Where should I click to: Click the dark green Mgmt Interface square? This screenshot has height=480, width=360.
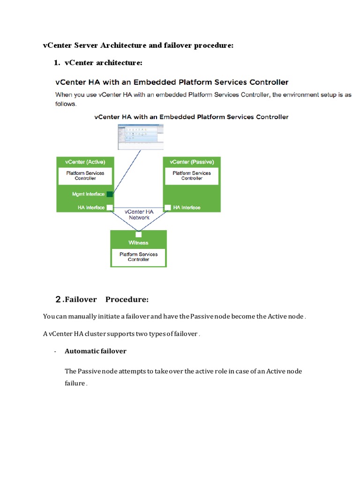click(110, 194)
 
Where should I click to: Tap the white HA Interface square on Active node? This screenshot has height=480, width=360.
click(110, 207)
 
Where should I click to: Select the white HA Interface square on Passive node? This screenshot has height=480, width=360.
click(167, 207)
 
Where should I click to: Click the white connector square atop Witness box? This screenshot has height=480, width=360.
click(138, 234)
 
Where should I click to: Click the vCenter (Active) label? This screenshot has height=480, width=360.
click(85, 162)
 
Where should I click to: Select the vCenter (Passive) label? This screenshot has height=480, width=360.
click(192, 162)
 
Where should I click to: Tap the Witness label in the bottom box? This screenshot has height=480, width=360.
click(138, 243)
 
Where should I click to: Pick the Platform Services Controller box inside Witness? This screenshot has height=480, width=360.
click(138, 257)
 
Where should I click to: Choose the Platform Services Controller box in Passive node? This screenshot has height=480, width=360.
click(192, 176)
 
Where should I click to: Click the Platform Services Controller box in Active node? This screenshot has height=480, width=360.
click(85, 176)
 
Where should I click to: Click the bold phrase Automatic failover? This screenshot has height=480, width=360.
click(96, 351)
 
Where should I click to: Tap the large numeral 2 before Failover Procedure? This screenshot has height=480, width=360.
click(58, 299)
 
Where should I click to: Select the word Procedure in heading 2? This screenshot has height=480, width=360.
click(127, 300)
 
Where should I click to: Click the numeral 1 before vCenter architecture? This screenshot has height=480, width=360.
click(57, 62)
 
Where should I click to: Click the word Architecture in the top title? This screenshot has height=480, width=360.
click(120, 45)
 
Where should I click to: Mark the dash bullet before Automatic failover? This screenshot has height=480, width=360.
click(56, 351)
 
